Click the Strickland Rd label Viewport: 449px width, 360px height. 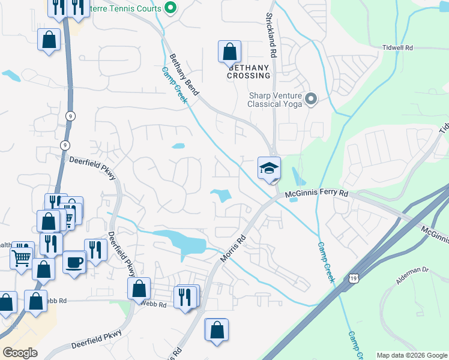point(271,36)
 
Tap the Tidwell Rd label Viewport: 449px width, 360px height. point(397,47)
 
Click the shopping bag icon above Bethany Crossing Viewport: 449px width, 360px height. point(229,52)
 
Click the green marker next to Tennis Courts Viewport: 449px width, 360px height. point(170,8)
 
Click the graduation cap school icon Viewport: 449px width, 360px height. point(269,168)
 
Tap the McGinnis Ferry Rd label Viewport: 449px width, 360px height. point(316,194)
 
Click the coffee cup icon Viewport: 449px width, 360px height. point(74,262)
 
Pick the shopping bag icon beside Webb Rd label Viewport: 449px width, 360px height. point(139,289)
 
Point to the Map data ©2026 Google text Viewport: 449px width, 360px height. point(412,355)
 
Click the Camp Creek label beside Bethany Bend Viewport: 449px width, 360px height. point(175,85)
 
